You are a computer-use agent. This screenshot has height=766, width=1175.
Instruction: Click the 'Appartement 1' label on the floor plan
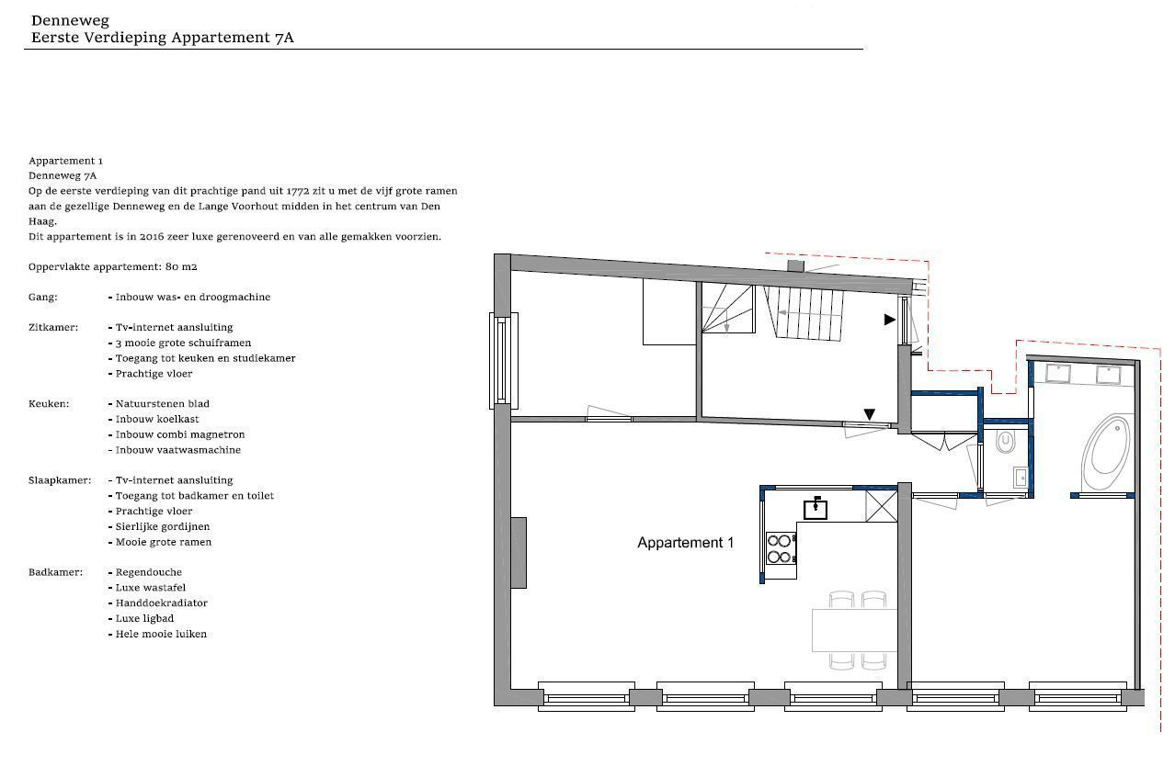pos(686,543)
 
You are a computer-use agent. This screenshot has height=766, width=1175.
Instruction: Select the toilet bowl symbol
pos(1006,442)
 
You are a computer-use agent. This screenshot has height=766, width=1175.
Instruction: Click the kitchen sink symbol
pos(816,508)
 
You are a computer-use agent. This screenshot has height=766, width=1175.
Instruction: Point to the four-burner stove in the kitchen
pos(781,548)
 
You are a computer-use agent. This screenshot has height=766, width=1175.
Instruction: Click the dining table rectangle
pos(854,630)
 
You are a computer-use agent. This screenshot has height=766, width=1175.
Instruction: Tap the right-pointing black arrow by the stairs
pos(890,319)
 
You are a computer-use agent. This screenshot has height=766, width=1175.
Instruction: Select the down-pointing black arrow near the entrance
pos(870,414)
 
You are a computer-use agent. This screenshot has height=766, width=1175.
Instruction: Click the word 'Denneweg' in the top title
pos(70,21)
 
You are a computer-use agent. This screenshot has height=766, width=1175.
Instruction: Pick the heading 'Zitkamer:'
pos(53,328)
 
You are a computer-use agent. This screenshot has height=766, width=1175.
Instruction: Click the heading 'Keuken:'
pos(49,404)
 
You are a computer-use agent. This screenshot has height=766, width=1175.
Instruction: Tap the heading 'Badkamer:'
pos(55,572)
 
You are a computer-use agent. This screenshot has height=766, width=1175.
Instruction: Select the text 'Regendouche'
pos(149,573)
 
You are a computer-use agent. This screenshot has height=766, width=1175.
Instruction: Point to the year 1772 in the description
pos(297,191)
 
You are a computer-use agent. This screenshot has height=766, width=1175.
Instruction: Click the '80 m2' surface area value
pos(181,266)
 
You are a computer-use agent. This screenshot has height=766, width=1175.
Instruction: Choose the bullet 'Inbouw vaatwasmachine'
pos(177,450)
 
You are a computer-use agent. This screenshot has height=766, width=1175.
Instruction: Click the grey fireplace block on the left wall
pos(519,553)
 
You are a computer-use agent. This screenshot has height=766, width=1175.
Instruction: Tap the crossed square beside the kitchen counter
pos(881,506)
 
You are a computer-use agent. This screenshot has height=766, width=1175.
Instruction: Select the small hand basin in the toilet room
pos(1021,478)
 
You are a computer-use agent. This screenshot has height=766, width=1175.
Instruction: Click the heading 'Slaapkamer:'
pos(60,480)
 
